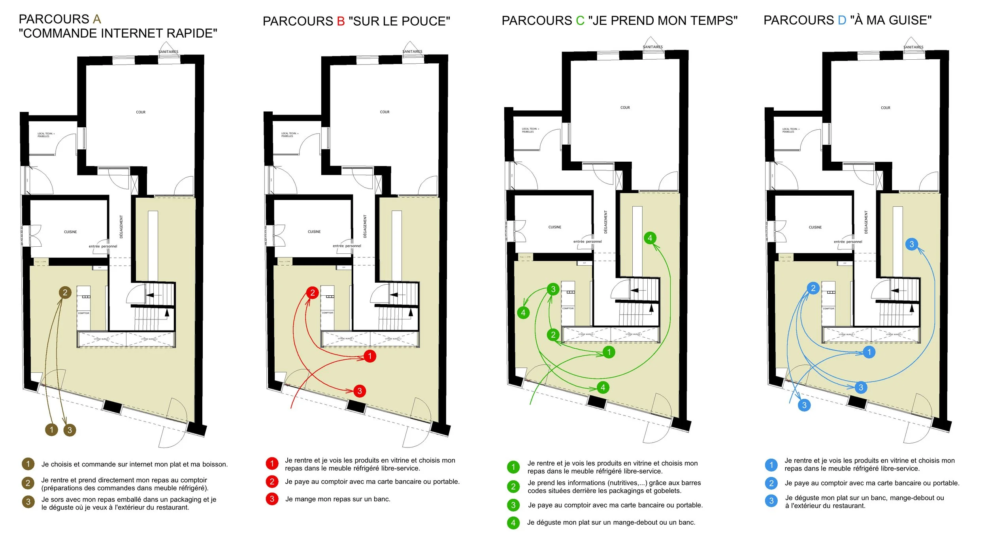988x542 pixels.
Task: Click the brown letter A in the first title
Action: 97,19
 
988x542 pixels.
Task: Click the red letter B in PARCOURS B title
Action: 341,21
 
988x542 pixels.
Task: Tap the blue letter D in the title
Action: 842,20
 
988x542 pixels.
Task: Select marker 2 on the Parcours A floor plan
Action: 65,293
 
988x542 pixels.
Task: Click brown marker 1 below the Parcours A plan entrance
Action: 51,430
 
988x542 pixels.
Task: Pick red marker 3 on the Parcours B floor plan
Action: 359,391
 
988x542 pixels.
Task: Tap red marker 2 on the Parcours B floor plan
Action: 312,293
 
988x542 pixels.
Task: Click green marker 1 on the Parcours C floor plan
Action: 609,352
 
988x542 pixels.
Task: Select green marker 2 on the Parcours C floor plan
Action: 553,335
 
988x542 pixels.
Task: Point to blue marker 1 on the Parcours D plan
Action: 869,352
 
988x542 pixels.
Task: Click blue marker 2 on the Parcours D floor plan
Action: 813,288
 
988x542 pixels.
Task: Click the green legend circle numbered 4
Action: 513,523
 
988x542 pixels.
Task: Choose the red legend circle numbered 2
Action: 272,482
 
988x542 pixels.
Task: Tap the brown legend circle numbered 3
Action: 28,502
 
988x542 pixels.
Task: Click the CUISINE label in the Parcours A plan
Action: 70,232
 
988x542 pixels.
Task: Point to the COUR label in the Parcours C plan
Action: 625,108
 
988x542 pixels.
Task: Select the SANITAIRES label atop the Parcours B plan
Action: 412,52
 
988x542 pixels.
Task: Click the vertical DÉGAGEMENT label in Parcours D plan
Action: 866,222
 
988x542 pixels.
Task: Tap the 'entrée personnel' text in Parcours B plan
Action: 347,246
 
